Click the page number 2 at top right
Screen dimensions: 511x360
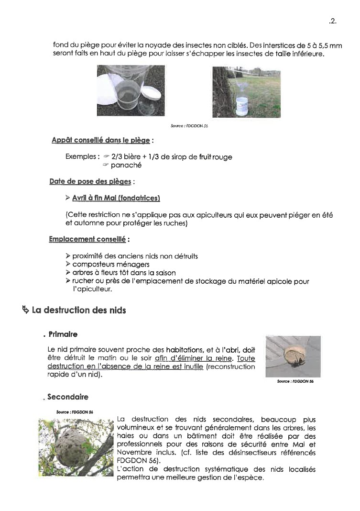333,21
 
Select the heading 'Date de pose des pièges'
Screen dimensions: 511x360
91,182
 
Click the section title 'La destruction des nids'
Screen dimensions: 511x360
79,311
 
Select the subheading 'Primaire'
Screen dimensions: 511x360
63,334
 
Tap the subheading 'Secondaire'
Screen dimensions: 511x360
68,397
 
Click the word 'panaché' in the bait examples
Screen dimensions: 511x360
126,166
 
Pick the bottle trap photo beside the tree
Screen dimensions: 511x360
246,91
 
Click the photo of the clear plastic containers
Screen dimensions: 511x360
131,91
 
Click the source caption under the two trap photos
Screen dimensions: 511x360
189,126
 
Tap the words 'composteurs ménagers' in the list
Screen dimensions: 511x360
111,265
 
